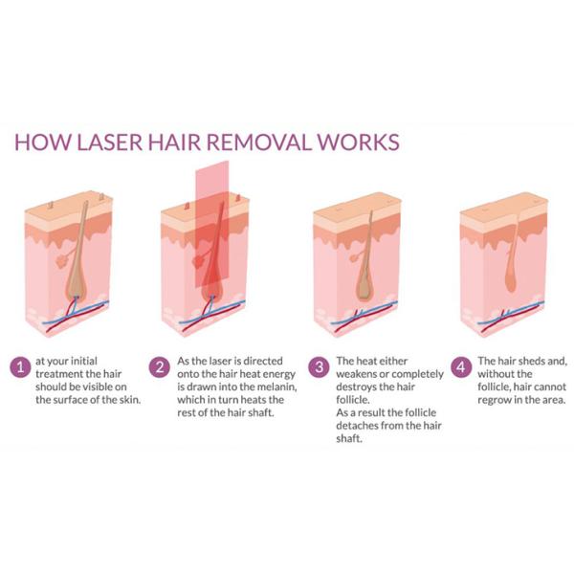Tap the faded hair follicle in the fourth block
click(512, 273)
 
